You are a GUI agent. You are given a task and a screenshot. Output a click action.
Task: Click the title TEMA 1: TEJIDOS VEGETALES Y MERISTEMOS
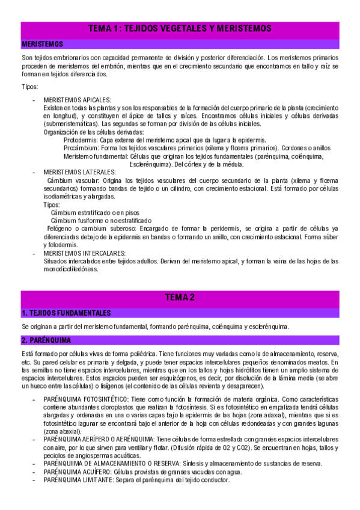click(x=180, y=28)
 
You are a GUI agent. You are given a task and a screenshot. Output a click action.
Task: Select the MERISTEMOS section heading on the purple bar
click(x=42, y=44)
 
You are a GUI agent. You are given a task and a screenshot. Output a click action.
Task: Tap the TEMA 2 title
click(x=180, y=297)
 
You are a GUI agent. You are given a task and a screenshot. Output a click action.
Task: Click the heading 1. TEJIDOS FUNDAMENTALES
click(x=66, y=313)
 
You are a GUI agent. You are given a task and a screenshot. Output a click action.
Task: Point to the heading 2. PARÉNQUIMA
click(x=46, y=340)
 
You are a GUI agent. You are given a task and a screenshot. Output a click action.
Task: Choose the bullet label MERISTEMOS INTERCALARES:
click(x=85, y=253)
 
